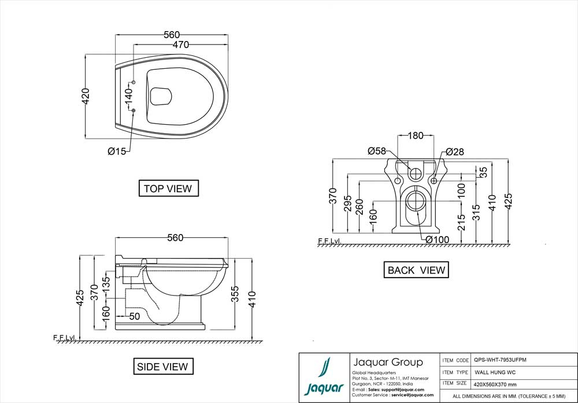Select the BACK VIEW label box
416,270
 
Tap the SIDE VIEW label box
162,366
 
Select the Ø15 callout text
117,151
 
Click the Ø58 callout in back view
377,151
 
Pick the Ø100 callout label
438,239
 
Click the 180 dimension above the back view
416,136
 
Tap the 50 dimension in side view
134,316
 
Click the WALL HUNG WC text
495,372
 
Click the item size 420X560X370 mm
495,384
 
